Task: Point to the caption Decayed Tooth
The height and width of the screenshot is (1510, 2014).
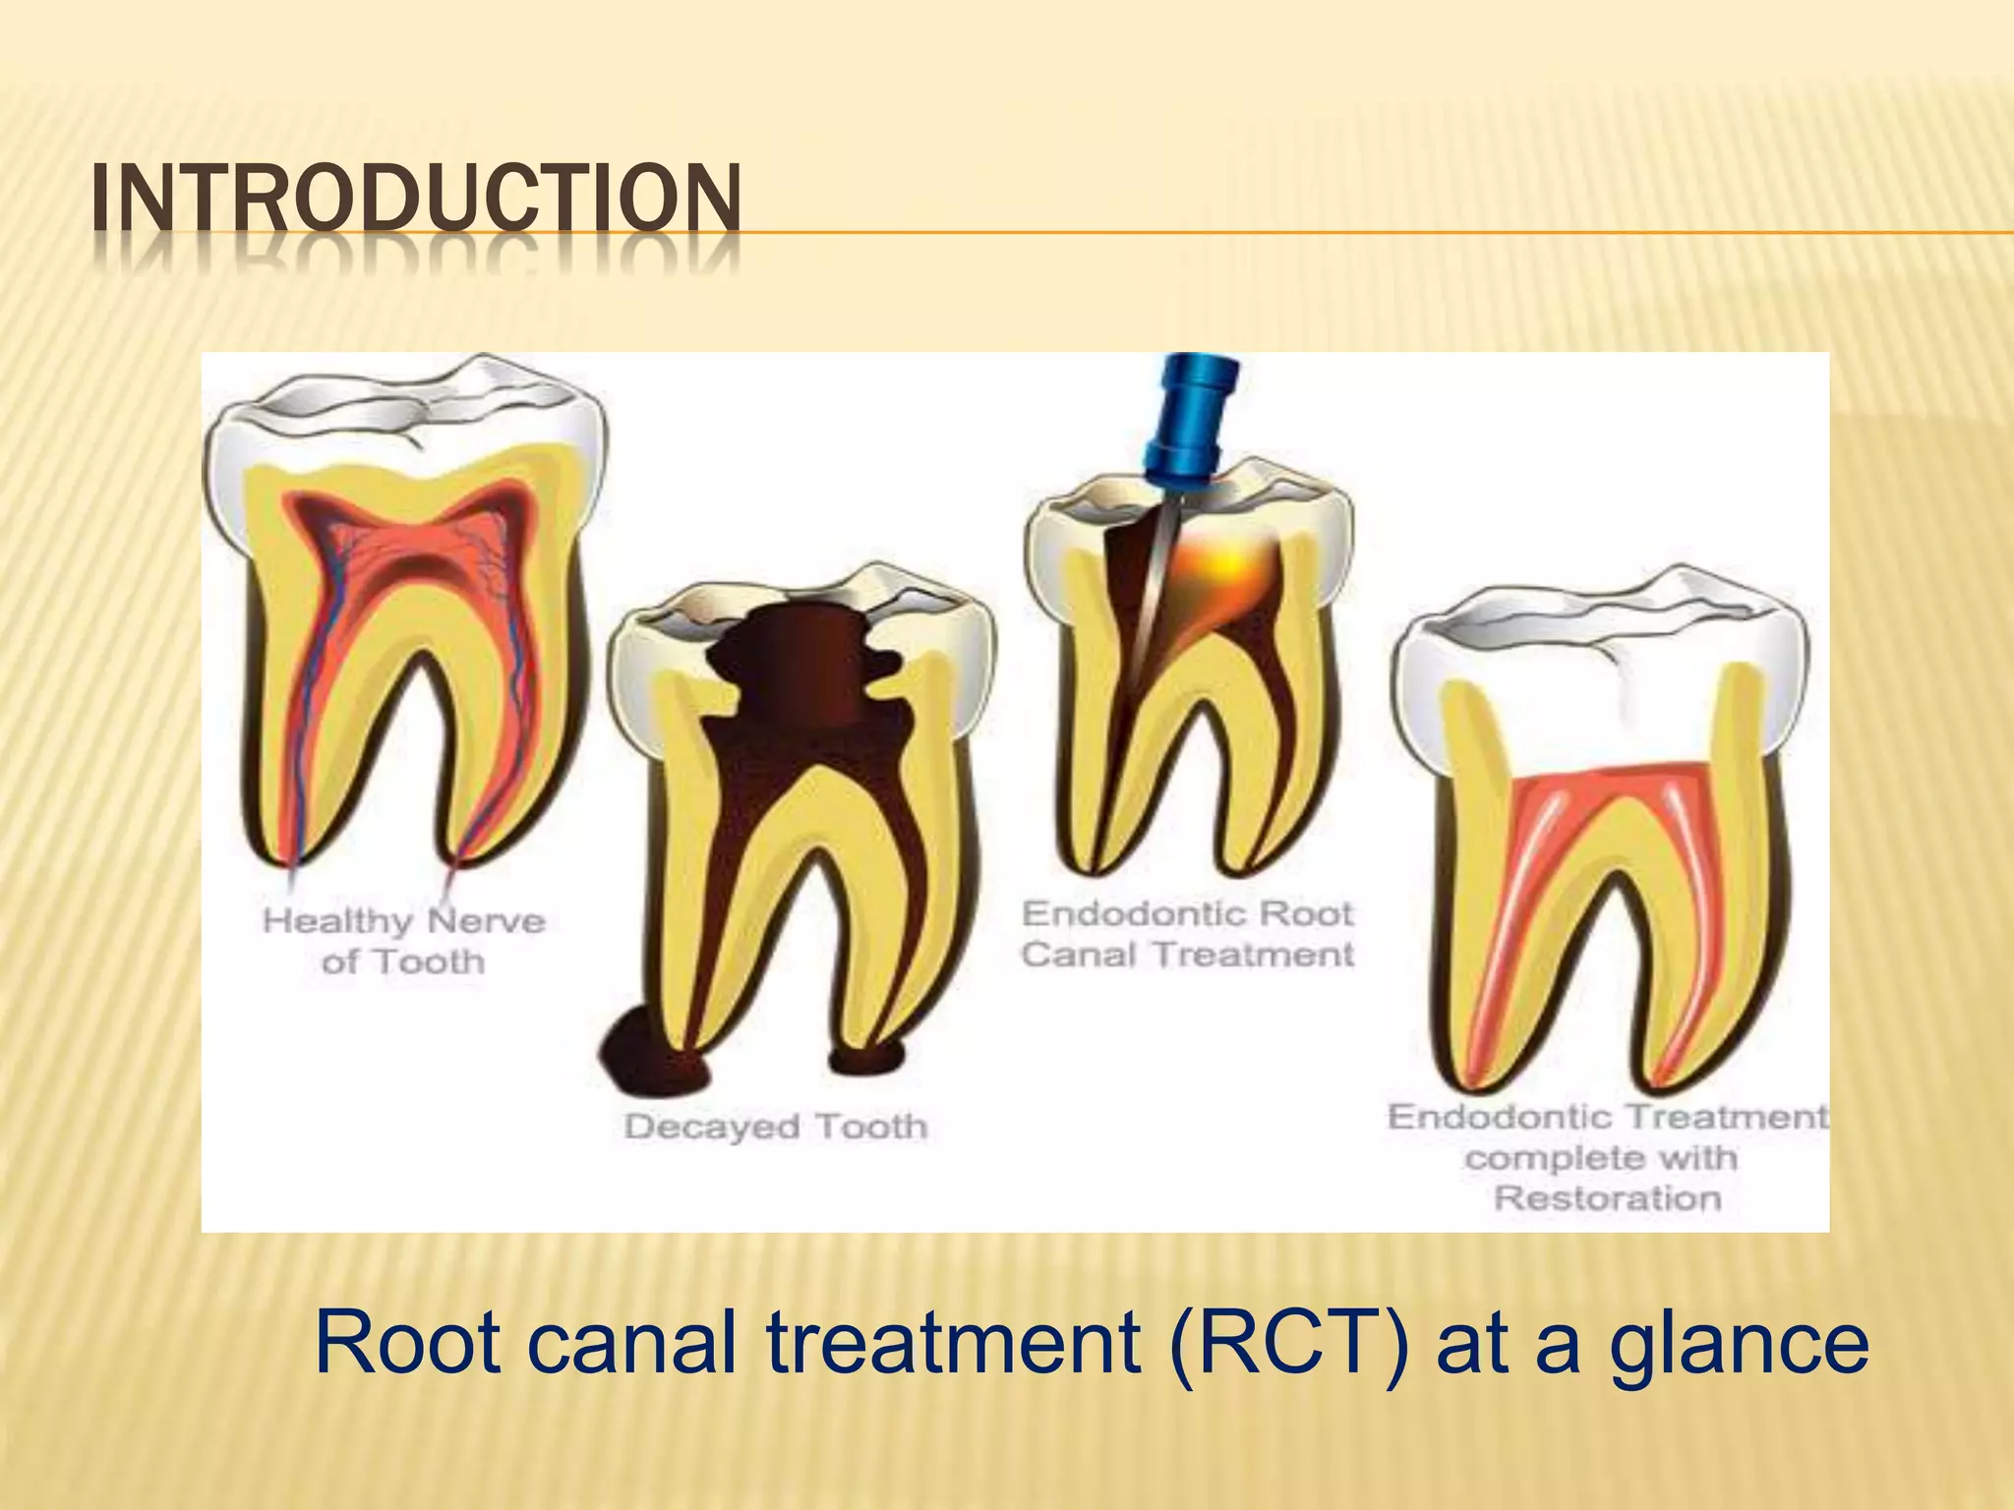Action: click(775, 1127)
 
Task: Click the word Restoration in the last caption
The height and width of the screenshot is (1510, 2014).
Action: click(1607, 1198)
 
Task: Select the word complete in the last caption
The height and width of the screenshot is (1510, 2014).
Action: click(1540, 1158)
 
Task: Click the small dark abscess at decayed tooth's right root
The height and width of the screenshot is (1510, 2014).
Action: click(865, 1059)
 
